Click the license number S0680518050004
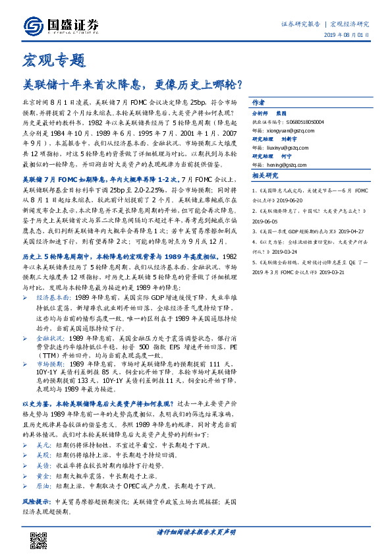click(x=304, y=122)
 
